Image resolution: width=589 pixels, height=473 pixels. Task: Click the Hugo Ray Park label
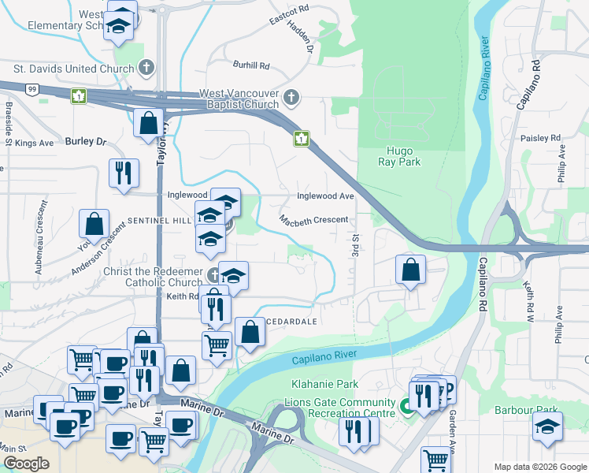(403, 155)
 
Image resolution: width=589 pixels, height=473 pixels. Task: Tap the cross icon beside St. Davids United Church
(146, 69)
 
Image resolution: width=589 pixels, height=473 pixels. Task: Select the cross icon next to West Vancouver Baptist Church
(291, 98)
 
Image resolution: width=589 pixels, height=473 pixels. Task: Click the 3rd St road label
(356, 244)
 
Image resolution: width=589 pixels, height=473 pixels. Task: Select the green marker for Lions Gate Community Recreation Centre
(406, 407)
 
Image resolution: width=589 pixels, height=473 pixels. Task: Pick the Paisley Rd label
(540, 138)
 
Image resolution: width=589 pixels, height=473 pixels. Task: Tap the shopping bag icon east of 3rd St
(410, 270)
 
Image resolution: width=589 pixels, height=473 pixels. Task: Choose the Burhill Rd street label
(251, 65)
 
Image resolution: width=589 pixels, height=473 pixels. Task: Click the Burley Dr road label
(86, 141)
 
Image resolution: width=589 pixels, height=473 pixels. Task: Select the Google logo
(26, 464)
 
